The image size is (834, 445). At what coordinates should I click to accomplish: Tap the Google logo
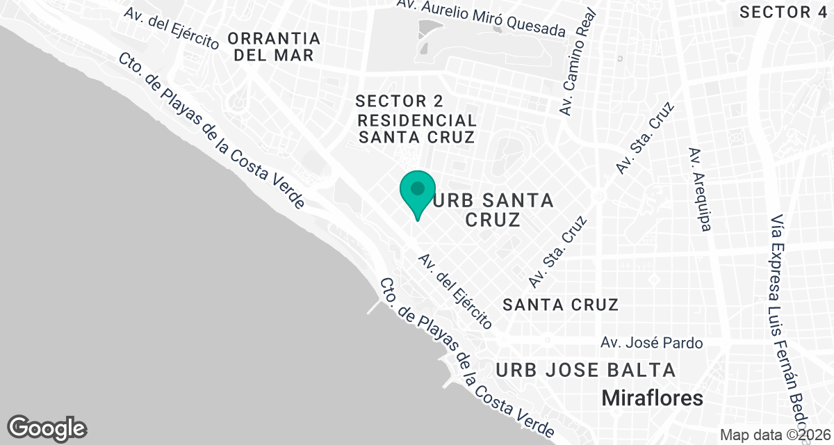coord(47,427)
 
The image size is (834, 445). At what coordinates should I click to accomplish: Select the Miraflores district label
coord(652,398)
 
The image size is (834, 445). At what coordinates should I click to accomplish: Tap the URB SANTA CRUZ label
coord(493,210)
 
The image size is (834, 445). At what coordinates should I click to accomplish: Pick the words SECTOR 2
coord(399,101)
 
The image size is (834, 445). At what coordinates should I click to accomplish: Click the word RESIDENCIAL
coord(417,120)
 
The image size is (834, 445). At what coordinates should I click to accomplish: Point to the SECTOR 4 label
coord(784,12)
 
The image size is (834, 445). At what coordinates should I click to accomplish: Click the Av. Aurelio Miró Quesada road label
coord(491,17)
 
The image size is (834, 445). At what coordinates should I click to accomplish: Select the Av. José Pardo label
coord(652,343)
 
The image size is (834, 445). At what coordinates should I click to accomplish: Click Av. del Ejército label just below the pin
coord(455,291)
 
